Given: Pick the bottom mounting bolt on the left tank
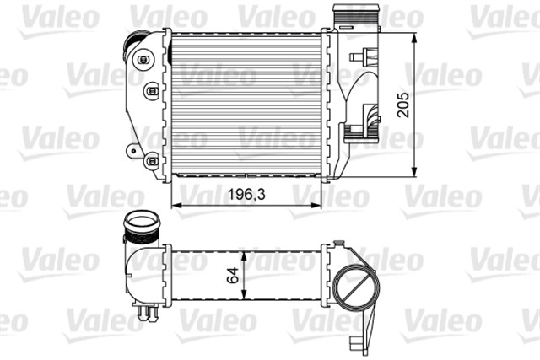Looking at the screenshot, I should pyautogui.click(x=151, y=159).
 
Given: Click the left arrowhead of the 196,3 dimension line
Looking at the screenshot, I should pyautogui.click(x=175, y=205).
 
